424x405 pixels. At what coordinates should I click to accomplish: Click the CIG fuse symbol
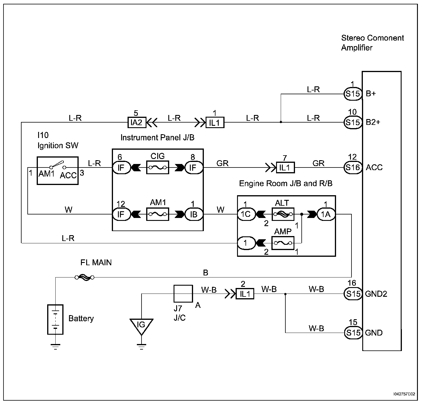pos(158,167)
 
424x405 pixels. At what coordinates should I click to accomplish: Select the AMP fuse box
pos(283,243)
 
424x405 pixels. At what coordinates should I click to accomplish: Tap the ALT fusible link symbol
pos(283,214)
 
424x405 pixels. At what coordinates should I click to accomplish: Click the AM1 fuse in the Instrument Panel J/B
pos(158,214)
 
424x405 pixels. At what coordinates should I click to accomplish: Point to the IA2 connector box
pos(136,122)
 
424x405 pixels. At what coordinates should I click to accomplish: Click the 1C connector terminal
pos(246,214)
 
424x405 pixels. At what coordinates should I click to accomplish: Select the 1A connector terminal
pos(326,214)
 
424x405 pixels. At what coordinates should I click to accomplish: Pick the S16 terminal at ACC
pos(353,167)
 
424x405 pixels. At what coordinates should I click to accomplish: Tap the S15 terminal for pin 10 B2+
pos(353,122)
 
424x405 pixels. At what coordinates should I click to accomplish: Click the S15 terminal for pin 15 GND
pos(353,333)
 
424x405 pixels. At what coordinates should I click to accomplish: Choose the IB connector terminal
pos(194,214)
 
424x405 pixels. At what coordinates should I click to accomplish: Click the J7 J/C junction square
pos(183,294)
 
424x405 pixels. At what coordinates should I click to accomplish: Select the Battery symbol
pos(55,319)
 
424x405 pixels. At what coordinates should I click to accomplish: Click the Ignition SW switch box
pos(58,171)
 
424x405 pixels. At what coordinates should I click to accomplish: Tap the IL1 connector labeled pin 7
pos(285,168)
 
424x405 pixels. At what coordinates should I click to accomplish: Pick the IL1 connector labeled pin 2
pos(245,294)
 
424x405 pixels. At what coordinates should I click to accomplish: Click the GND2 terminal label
pos(376,294)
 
